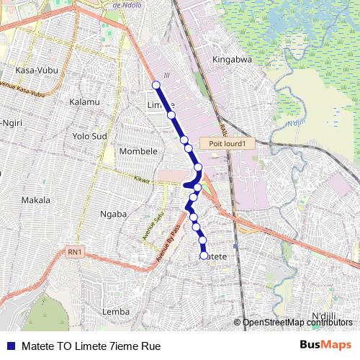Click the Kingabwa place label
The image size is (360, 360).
232,60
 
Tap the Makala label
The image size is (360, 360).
36,199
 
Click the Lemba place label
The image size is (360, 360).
116,311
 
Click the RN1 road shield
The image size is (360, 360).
74,251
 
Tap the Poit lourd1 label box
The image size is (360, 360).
228,143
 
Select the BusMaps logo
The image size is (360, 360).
325,345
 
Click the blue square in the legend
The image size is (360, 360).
10,346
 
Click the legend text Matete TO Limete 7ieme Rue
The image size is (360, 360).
90,346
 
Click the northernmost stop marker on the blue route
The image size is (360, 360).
156,85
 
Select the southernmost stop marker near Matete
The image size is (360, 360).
204,256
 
